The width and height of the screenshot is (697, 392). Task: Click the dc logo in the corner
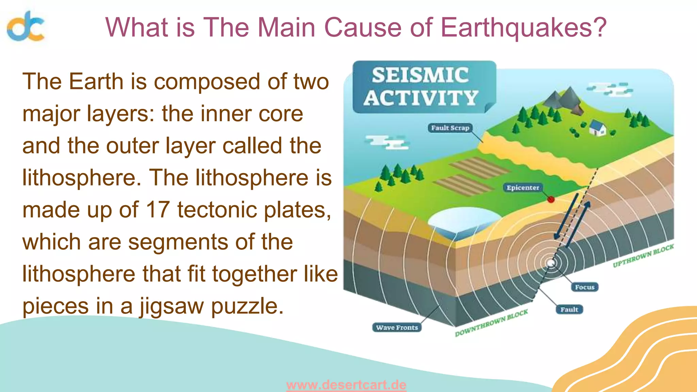tap(26, 26)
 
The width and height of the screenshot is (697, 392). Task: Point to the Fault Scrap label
tap(450, 128)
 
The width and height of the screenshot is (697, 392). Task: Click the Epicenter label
tap(523, 187)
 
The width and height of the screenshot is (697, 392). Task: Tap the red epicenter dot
tap(551, 199)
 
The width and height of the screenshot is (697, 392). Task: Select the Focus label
tap(584, 287)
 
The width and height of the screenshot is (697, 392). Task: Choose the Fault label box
tap(569, 309)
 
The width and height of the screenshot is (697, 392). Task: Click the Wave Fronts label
tap(397, 327)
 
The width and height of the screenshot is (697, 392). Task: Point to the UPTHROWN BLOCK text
tap(643, 256)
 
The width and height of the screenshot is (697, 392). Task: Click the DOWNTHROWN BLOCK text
tap(491, 323)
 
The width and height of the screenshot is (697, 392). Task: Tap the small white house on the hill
tap(598, 128)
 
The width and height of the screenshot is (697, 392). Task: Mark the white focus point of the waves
tap(550, 263)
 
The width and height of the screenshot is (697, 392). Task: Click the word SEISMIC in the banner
tap(420, 75)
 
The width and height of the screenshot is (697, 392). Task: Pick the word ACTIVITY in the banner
tap(421, 98)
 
